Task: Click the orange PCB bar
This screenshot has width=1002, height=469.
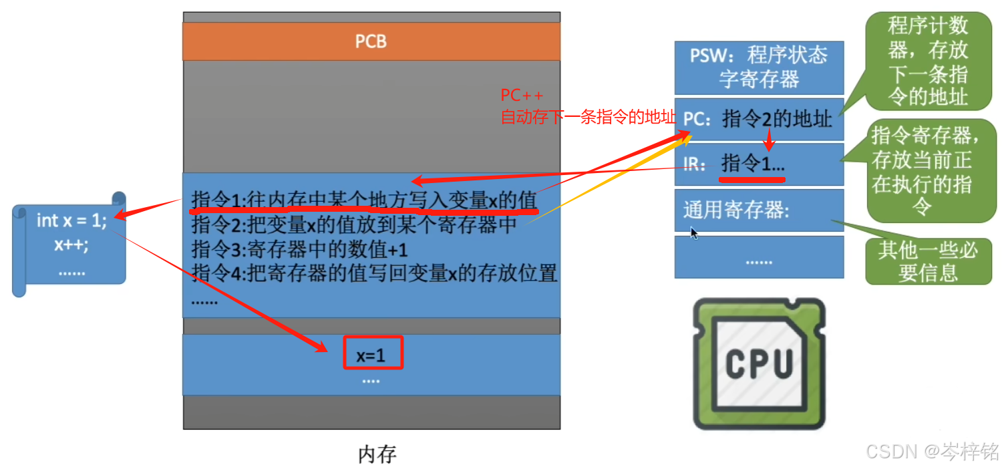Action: coord(371,41)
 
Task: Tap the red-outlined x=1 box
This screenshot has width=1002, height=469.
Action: coord(373,352)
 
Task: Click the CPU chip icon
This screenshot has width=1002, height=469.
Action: coord(760,364)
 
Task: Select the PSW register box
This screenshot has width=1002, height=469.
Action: coord(759,67)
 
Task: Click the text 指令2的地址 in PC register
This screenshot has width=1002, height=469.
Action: coord(777,120)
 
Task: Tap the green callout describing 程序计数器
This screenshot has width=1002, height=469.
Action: coord(927,61)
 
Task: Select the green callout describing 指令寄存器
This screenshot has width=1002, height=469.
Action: coord(925,172)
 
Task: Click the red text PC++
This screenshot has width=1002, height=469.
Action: coord(522,96)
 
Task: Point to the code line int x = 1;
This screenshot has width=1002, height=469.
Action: coord(71,220)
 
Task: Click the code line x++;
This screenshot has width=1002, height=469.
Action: coord(71,245)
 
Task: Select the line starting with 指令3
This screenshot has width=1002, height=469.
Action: coord(299,250)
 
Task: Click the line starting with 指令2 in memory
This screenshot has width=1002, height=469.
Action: coord(354,226)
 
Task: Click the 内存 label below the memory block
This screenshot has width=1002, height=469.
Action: coord(377,455)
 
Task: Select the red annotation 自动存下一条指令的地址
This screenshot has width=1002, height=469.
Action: coord(588,118)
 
